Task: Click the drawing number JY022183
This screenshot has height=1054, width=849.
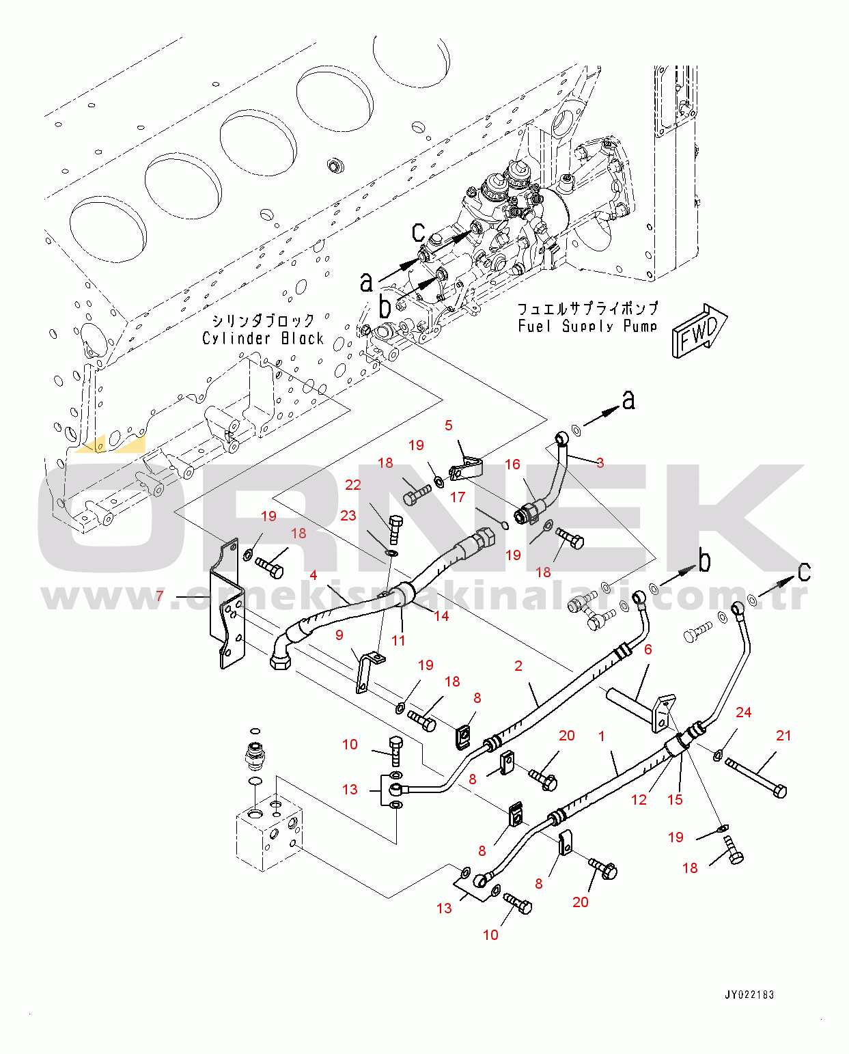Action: pos(749,995)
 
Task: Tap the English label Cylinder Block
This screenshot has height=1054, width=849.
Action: pos(263,338)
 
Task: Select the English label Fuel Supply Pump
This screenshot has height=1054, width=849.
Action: pos(587,326)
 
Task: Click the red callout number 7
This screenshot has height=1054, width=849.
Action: pos(160,596)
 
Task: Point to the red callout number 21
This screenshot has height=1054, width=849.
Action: pos(783,735)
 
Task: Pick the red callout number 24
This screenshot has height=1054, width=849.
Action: pos(743,712)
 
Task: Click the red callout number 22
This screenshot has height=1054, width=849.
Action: pos(352,484)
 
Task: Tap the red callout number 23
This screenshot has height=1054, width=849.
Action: pos(348,515)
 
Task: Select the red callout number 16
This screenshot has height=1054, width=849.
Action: pos(512,464)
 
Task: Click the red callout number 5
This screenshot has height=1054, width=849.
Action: pos(449,425)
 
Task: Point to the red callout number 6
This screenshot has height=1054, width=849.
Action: pos(648,650)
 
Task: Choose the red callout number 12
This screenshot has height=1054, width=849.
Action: pos(639,800)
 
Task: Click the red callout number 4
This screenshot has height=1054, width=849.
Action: pos(314,575)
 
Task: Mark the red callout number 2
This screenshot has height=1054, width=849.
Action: pos(518,665)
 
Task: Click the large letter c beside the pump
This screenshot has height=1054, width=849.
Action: pos(418,232)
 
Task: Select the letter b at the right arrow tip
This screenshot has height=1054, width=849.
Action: pos(704,561)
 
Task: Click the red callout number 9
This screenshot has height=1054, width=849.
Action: pos(339,635)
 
